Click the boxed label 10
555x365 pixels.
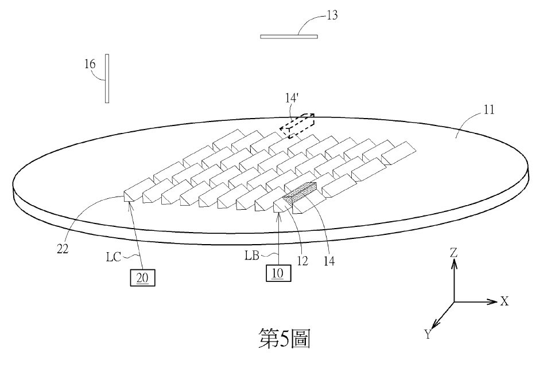pos(278,273)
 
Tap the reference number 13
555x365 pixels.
pos(331,15)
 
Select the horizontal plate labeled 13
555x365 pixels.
pos(289,36)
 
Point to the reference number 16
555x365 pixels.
pos(90,64)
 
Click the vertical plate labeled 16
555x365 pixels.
pos(107,79)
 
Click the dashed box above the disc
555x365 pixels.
pos(297,125)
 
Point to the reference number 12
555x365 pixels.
pos(301,261)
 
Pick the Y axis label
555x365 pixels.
pos(428,335)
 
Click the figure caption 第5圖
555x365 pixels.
pos(285,339)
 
